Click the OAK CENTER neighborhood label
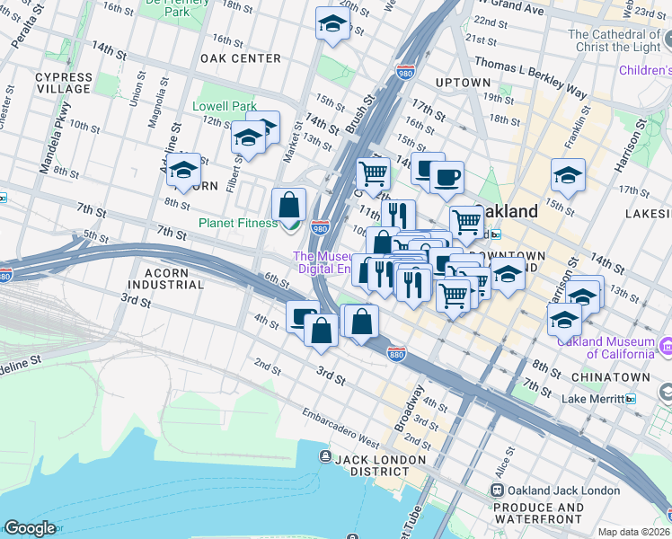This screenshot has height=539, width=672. tap(241, 58)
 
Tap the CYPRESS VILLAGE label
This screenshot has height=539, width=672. tap(63, 83)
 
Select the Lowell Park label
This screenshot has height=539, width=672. tap(225, 106)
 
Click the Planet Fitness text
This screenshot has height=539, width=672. tap(237, 223)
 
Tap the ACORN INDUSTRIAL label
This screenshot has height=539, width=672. tap(166, 278)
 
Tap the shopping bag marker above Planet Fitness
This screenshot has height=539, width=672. tap(289, 205)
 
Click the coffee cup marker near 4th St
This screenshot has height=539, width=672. tap(303, 316)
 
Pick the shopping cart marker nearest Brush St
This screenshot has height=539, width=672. tap(373, 172)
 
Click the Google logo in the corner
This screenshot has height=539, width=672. tap(30, 528)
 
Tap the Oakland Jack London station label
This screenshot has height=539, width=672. tap(562, 490)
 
